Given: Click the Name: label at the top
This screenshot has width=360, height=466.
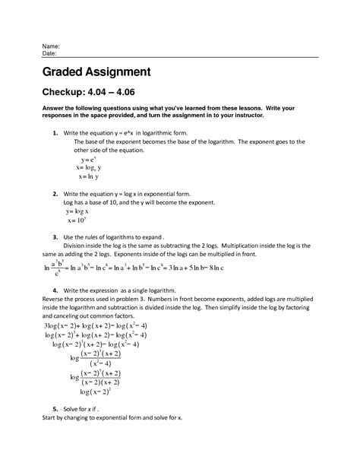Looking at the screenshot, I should (52, 46).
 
